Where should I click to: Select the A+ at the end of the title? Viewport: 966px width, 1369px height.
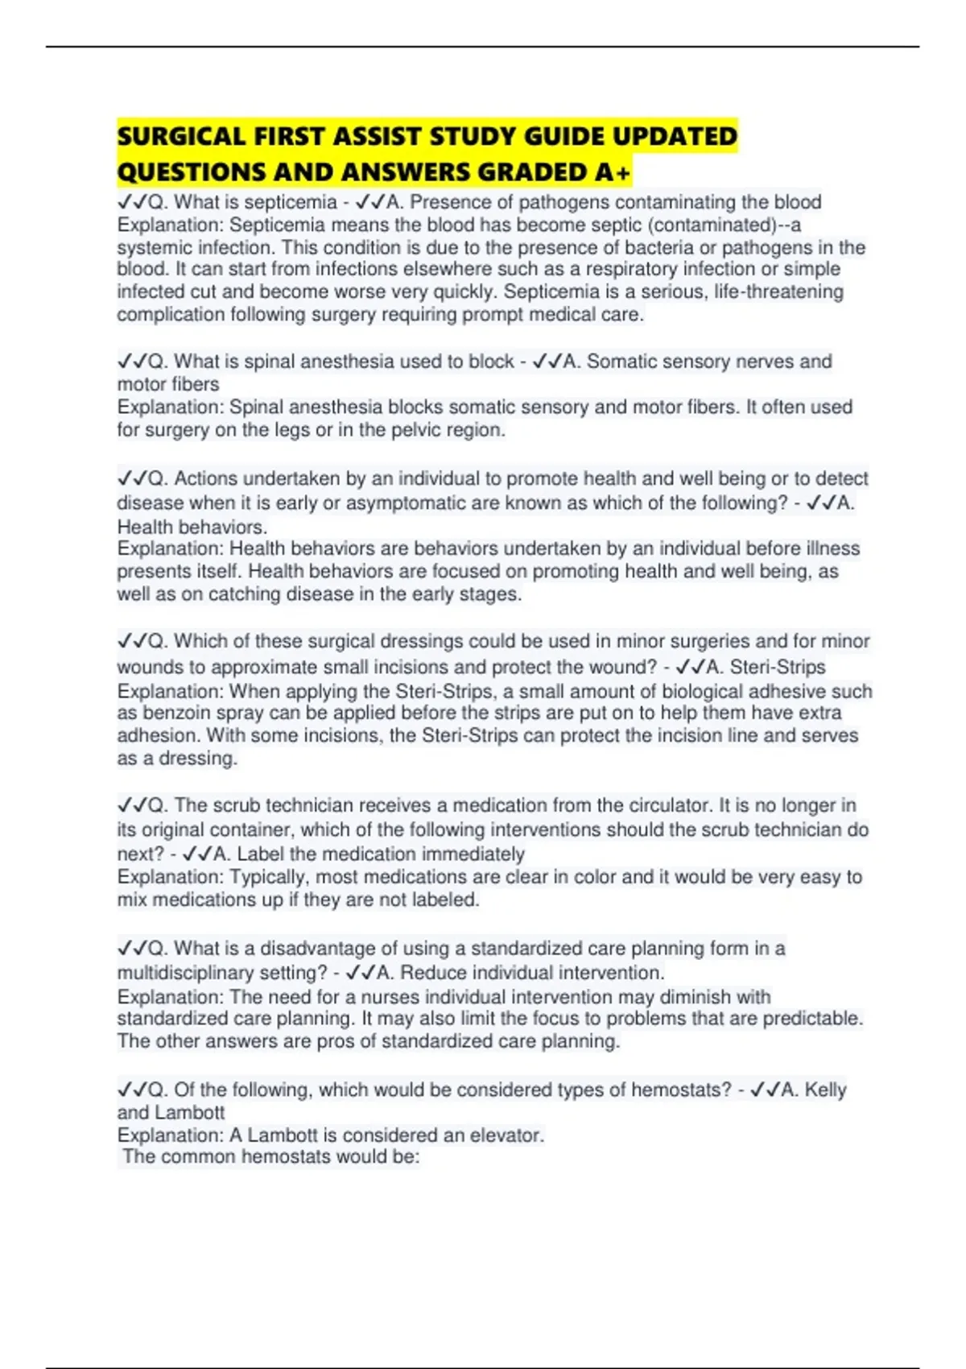(x=614, y=172)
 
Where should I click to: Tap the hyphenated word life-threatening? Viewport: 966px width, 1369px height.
(x=778, y=292)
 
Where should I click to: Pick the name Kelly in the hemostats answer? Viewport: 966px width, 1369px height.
(x=826, y=1090)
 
